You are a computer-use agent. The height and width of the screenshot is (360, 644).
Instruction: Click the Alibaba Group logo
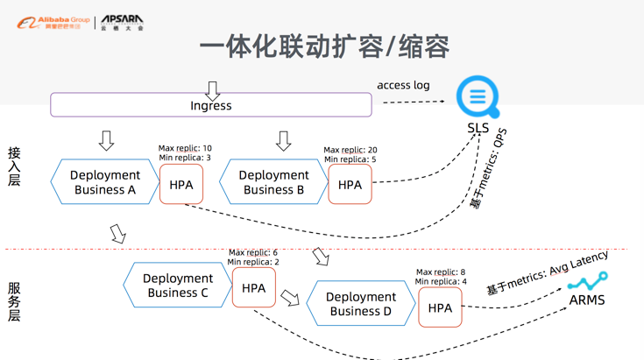pos(53,22)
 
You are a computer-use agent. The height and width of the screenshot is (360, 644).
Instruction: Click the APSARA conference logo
pos(122,22)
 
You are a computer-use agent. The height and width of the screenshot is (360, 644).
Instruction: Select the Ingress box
pos(211,105)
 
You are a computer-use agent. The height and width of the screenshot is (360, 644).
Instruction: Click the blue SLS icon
pos(478,96)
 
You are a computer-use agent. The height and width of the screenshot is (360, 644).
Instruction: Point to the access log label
pos(403,85)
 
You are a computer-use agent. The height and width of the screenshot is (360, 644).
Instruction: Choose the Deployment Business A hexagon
pos(104,182)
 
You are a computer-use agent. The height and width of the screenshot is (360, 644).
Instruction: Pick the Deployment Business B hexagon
pos(273,182)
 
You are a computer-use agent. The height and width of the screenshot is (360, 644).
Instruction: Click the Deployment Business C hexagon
pos(178,286)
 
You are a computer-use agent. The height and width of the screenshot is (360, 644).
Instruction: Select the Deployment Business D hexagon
pos(360,304)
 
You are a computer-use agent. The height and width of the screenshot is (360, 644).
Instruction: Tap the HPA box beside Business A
pos(181,185)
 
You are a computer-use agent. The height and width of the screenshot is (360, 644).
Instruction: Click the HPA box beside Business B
pos(350,185)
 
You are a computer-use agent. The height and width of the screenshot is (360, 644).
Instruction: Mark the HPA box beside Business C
pos(253,287)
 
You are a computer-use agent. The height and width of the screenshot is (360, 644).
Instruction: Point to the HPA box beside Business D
pos(440,307)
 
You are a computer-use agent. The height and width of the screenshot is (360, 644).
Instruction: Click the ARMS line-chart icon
pos(587,282)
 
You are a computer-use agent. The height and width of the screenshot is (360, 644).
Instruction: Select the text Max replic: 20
pos(350,150)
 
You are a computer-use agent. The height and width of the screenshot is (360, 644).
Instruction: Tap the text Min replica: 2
pos(253,262)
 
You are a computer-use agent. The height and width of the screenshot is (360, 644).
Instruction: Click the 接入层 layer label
pos(14,166)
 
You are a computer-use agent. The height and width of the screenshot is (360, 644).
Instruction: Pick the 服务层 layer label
pos(14,301)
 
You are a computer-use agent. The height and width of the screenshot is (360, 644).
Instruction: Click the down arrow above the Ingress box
pos(212,90)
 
